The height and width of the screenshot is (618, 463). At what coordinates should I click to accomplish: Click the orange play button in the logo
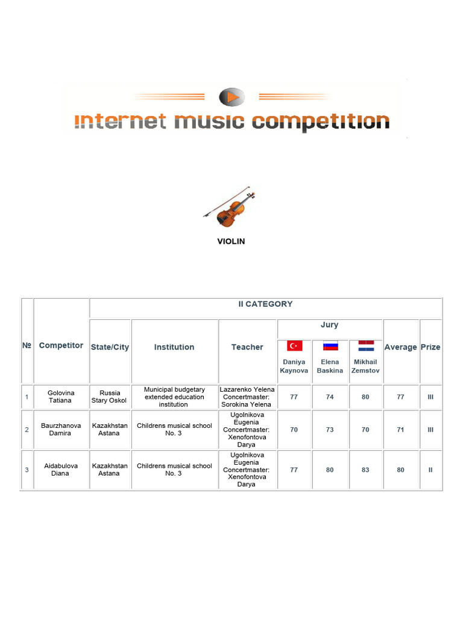tap(231, 97)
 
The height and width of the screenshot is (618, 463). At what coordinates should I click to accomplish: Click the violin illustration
tap(229, 207)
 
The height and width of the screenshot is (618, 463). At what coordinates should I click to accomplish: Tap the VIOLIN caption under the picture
tap(231, 241)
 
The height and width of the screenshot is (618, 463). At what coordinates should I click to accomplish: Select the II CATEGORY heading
tap(265, 304)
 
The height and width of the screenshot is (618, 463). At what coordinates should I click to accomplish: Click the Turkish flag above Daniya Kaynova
tap(294, 346)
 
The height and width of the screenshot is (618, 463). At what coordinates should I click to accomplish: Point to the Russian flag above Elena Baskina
tap(330, 346)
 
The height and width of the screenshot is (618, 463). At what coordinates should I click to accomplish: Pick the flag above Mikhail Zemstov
tap(365, 346)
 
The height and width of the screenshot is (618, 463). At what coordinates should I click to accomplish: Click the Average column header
tap(401, 347)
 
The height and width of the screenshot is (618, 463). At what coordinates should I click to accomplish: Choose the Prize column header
tap(430, 347)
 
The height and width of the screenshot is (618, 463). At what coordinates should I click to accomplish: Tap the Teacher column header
tap(247, 347)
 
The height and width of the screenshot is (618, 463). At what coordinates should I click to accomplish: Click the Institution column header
tap(174, 347)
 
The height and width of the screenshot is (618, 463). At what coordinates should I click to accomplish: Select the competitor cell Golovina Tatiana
tap(60, 397)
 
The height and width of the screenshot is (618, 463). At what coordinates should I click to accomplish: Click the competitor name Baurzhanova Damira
tap(60, 429)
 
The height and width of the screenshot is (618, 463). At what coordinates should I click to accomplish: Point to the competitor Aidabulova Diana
tap(60, 470)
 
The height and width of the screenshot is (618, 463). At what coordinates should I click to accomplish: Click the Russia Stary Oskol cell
tap(109, 397)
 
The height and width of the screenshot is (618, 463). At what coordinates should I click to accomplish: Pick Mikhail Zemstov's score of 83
tap(365, 470)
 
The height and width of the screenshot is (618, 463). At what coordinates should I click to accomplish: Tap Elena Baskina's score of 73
tap(330, 429)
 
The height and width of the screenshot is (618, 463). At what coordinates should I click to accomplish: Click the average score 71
tap(401, 429)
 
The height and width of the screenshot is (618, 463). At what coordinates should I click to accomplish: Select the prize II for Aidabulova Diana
tap(430, 470)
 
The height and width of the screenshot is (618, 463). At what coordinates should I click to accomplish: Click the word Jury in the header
tap(329, 325)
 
